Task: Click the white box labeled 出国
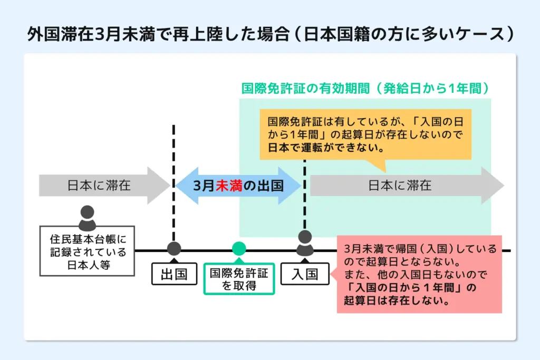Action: [174, 275]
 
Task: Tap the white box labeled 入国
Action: [305, 275]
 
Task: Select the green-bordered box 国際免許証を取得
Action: [239, 279]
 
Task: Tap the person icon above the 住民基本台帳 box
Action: [87, 218]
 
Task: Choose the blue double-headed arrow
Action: [238, 186]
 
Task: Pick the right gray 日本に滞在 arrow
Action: [406, 186]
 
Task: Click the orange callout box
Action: [365, 135]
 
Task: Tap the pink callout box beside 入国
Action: [419, 274]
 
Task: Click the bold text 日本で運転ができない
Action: [325, 149]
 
